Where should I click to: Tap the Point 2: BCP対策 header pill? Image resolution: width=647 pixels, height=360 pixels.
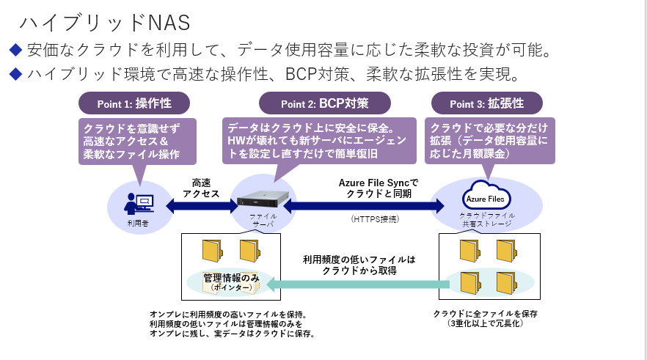[325, 103]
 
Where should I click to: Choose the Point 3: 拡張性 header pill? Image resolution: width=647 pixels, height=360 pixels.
[486, 103]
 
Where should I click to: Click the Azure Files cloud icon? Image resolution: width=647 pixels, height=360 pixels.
[486, 196]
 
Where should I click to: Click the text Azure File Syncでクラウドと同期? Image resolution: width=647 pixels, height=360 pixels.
[379, 188]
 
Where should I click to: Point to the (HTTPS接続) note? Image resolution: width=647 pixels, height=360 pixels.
[374, 219]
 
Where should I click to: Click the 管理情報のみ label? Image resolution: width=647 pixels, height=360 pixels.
[232, 278]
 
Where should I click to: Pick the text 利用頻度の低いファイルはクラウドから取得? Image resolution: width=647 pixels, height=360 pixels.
[359, 265]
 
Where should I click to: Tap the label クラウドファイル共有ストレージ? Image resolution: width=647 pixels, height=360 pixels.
[487, 219]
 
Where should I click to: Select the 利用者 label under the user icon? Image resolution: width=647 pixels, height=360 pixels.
[137, 222]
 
